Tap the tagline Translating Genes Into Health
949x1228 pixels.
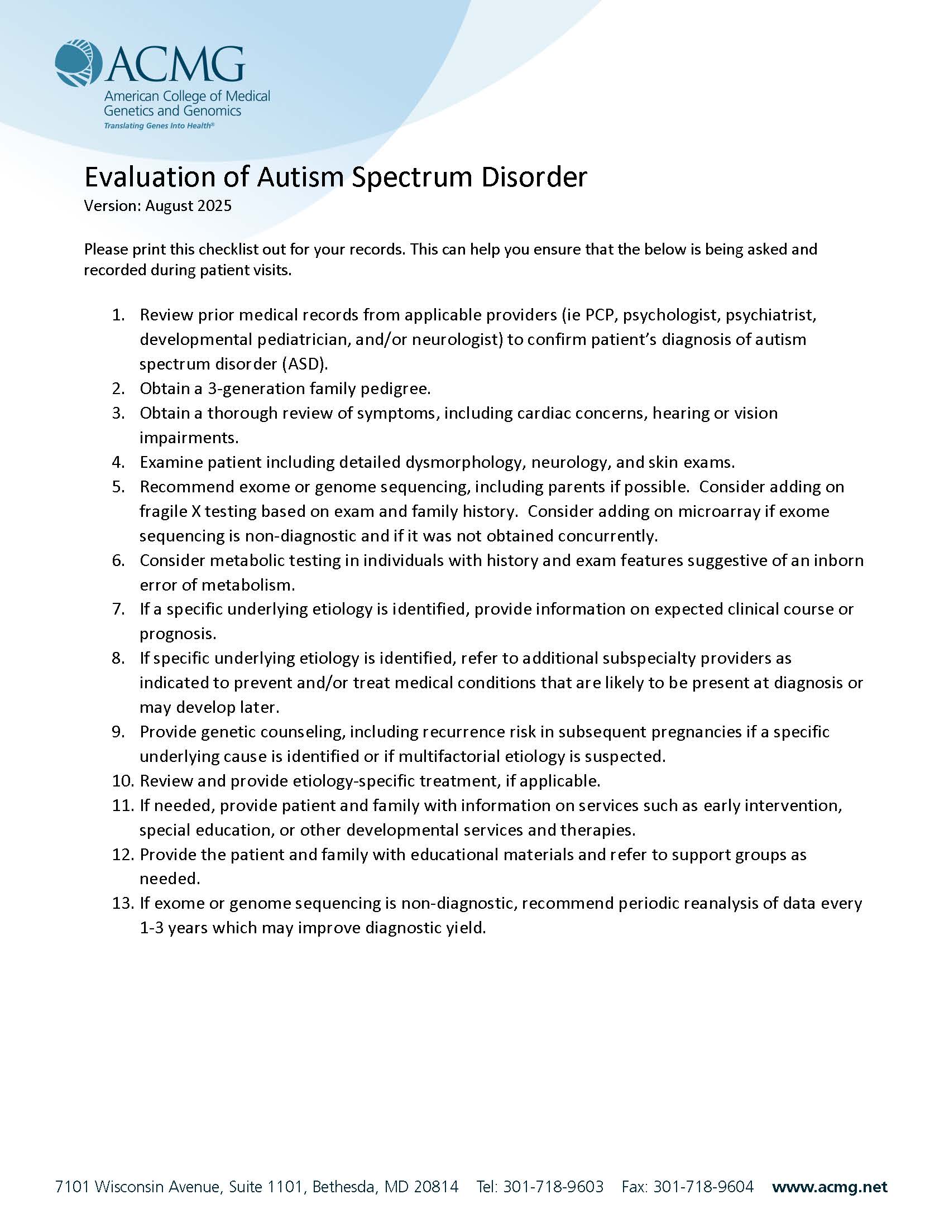click(x=159, y=126)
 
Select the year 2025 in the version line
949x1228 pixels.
click(x=214, y=206)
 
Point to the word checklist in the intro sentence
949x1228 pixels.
click(x=232, y=249)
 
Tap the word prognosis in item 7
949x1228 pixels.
click(x=178, y=634)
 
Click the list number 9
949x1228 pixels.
click(x=118, y=732)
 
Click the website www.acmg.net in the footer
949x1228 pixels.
click(x=829, y=1187)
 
